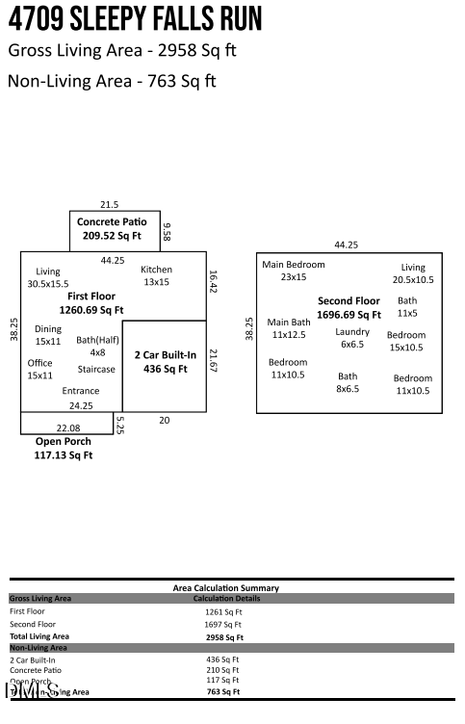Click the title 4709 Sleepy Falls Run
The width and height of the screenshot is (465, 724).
[135, 19]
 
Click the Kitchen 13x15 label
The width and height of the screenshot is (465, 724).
[156, 275]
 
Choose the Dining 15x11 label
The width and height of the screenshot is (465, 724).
[48, 335]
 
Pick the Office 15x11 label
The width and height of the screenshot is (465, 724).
[40, 369]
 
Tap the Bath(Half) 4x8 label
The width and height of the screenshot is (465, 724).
[97, 346]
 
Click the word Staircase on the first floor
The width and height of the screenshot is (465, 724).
[96, 369]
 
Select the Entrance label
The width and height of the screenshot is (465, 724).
[81, 391]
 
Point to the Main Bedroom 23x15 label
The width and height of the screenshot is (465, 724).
[294, 271]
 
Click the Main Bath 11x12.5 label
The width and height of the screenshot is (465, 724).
[289, 328]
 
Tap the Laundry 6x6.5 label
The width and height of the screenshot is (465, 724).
[352, 337]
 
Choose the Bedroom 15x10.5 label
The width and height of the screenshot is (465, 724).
[406, 341]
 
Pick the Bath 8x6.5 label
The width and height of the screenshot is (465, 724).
[348, 382]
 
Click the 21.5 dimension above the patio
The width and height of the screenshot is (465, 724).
[110, 204]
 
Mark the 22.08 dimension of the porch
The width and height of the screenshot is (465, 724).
[67, 427]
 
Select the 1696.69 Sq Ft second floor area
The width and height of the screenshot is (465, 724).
[349, 315]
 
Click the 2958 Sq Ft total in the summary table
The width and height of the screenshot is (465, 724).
[224, 636]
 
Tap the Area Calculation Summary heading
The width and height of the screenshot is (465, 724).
[226, 587]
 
